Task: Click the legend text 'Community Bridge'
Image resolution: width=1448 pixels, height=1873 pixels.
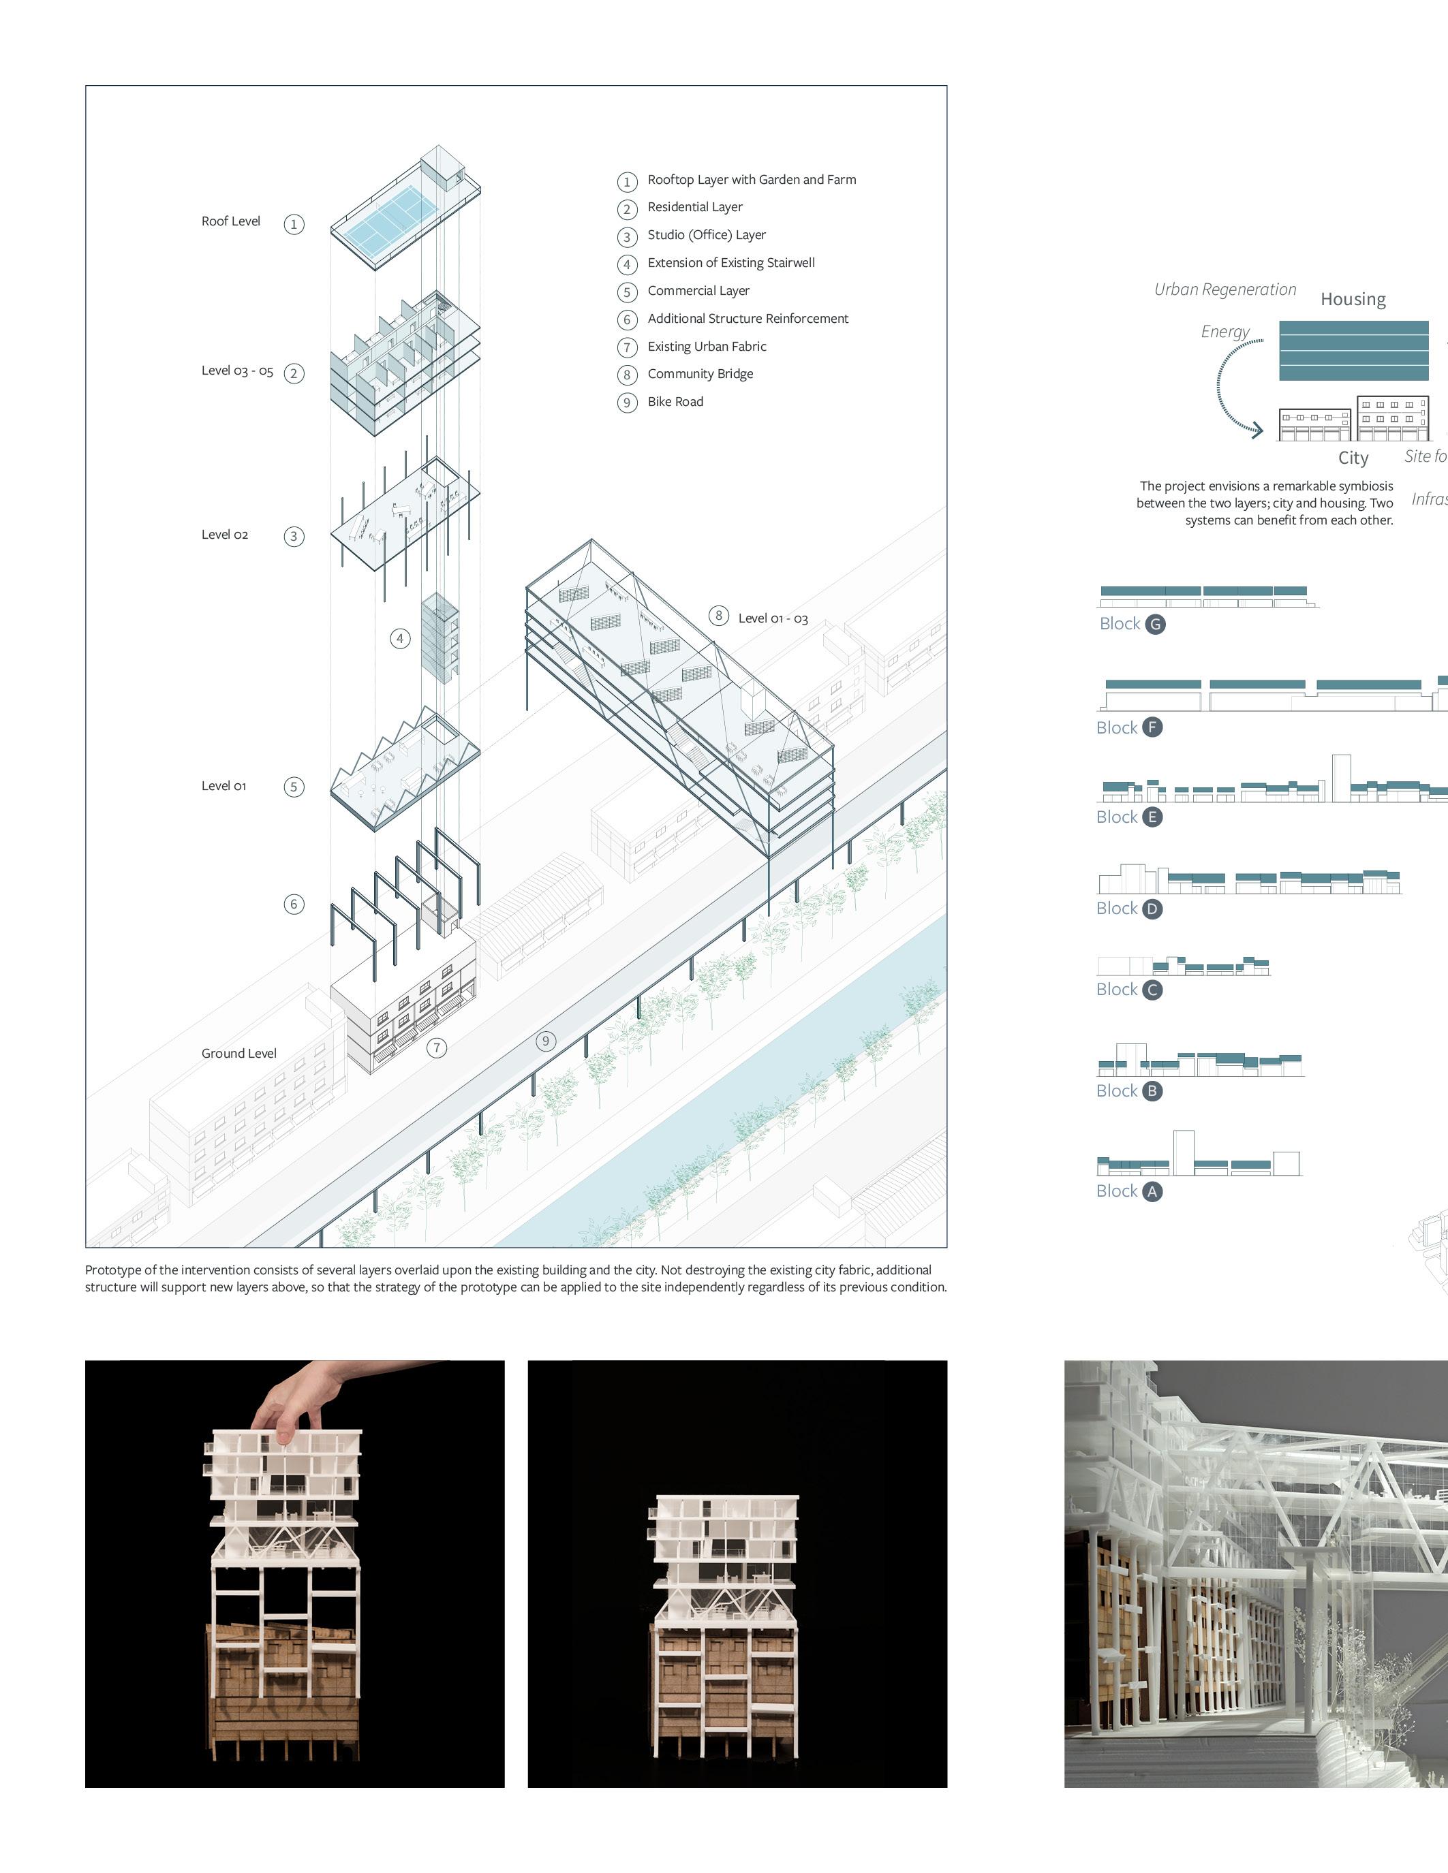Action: pos(700,374)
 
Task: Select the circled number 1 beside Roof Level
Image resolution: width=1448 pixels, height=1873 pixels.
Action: pos(294,225)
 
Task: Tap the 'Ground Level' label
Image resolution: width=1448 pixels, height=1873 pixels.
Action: pos(238,1053)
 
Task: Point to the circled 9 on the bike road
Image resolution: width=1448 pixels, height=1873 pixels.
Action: pos(546,1041)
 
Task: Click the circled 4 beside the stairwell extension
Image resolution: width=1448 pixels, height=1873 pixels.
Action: pos(400,638)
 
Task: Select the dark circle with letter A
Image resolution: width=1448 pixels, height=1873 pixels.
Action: pos(1152,1191)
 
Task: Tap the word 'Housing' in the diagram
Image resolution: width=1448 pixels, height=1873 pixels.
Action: pos(1353,299)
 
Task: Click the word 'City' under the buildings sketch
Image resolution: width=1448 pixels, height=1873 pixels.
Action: pos(1353,458)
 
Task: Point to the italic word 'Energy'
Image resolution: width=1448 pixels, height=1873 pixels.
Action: pos(1225,332)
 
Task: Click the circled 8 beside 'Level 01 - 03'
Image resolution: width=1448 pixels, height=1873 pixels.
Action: pos(719,616)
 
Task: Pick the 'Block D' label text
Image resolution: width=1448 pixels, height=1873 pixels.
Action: pos(1116,908)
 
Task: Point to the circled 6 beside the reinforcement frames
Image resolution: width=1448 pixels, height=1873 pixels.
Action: pos(294,904)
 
